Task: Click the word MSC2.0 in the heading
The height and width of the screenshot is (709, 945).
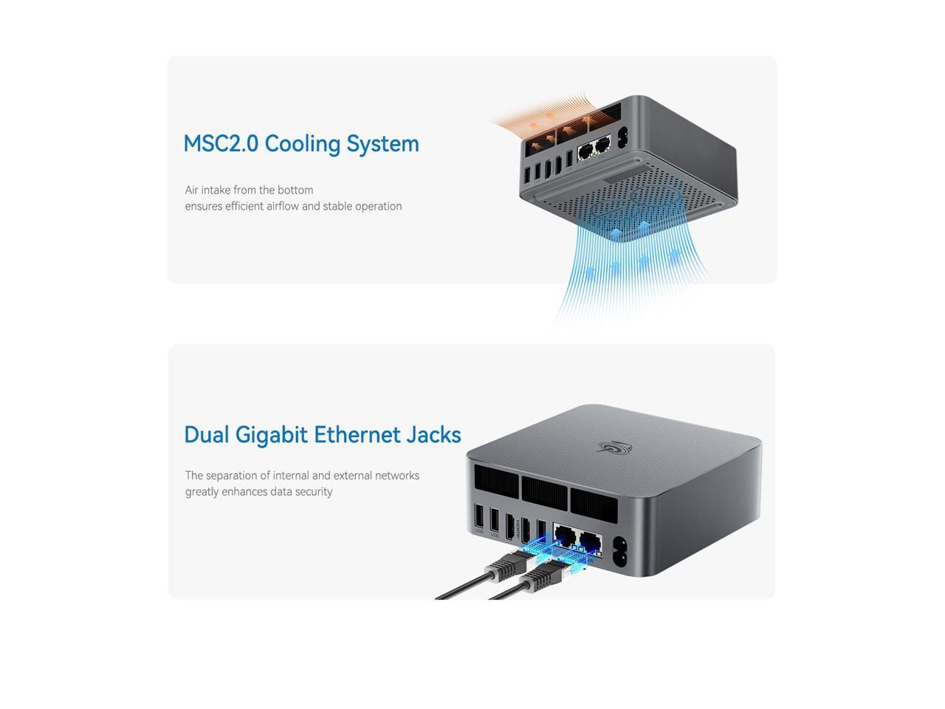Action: tap(220, 143)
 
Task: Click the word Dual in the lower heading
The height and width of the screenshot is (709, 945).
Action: tap(206, 434)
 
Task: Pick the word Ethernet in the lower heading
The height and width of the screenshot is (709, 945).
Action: tap(357, 434)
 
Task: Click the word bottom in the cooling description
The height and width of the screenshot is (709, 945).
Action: tap(295, 190)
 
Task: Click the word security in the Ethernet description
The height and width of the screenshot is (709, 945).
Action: tap(313, 492)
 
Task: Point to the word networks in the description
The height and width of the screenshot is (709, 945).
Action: tap(396, 476)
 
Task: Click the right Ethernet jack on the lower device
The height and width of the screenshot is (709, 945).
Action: tap(589, 542)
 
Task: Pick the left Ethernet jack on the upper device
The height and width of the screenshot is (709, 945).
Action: tap(585, 151)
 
